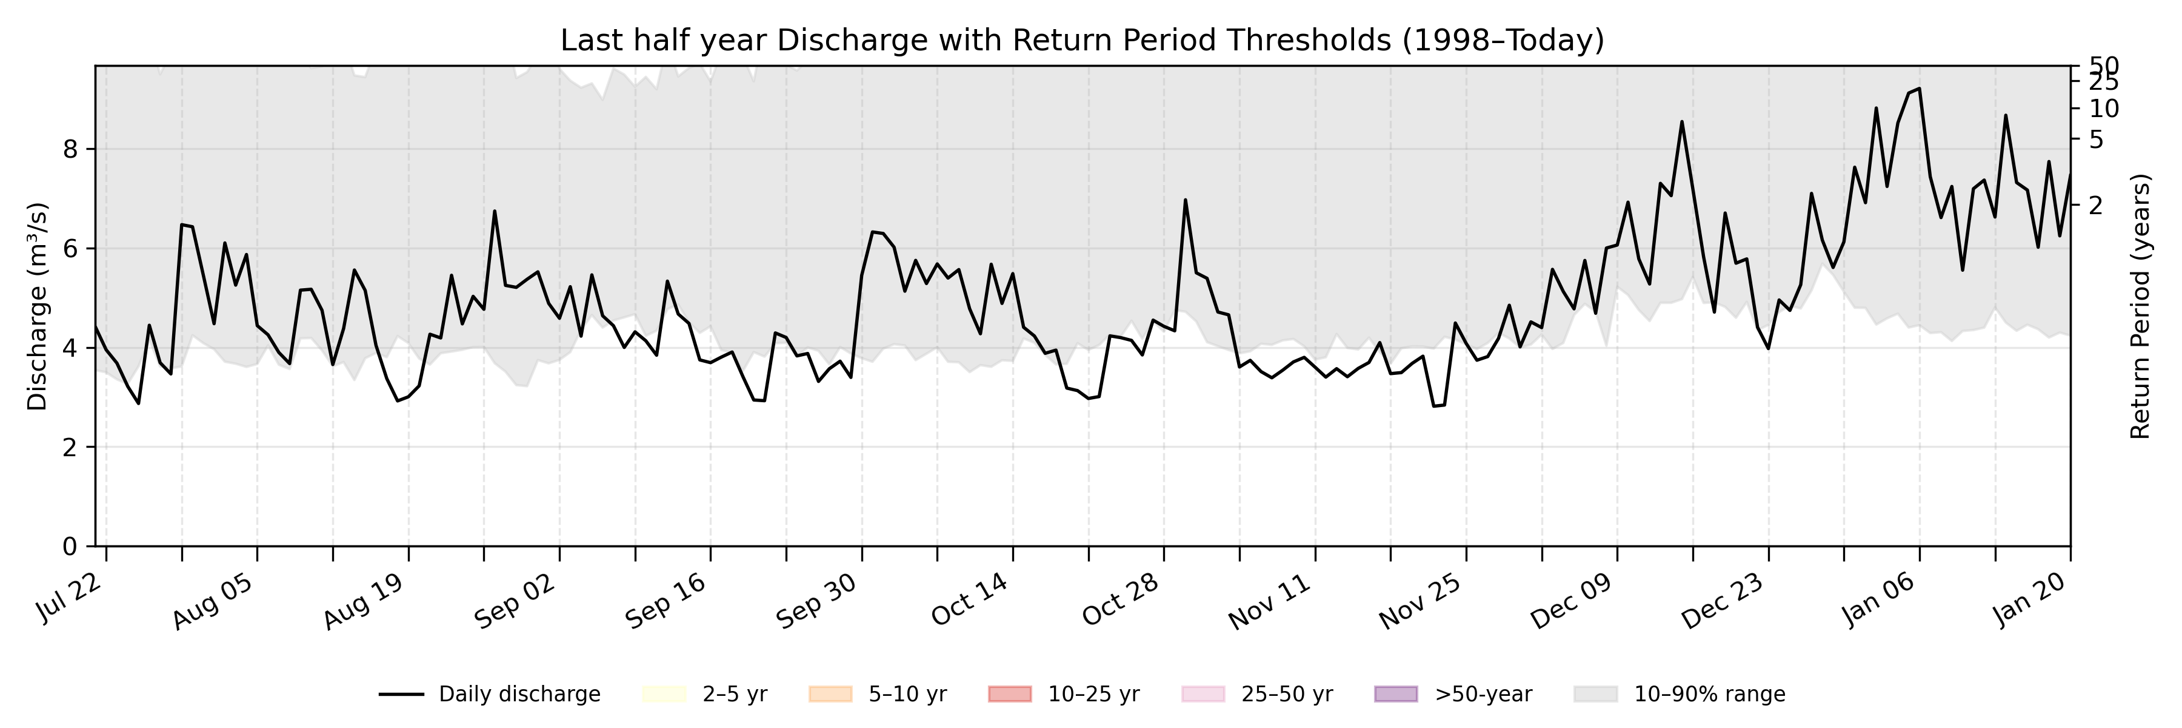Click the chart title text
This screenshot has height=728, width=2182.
click(1082, 41)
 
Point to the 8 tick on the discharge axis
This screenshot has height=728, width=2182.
click(70, 150)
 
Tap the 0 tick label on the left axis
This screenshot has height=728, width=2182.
click(70, 547)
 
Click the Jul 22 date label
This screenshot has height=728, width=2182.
click(70, 600)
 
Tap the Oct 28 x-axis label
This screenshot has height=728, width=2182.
click(1120, 600)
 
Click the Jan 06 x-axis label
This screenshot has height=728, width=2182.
click(1875, 600)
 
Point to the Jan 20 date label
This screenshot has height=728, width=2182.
click(2026, 600)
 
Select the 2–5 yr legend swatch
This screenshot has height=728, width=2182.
click(663, 695)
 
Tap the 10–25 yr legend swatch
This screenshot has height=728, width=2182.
click(1010, 695)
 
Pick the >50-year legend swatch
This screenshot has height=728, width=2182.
click(1395, 695)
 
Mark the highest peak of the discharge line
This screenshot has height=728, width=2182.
click(1918, 88)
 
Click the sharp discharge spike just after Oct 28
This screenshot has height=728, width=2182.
click(1185, 200)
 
